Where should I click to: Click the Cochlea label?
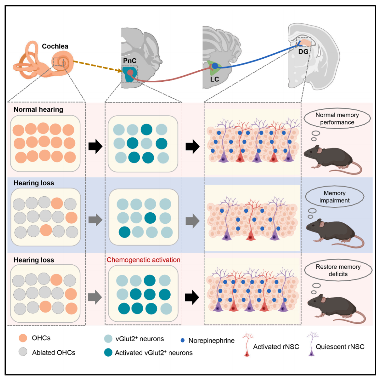[x=55, y=46]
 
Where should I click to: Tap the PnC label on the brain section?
[x=130, y=61]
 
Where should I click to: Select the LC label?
[x=215, y=79]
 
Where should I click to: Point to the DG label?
[x=303, y=51]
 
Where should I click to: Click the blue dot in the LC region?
[x=215, y=66]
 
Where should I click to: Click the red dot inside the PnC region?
[x=130, y=72]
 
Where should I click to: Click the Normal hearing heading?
[x=38, y=110]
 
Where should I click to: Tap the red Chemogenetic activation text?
[x=143, y=260]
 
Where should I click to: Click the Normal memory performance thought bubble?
[x=337, y=119]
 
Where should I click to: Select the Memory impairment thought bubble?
[x=334, y=197]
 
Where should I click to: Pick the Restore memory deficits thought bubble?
[x=338, y=271]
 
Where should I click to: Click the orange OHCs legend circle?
[x=23, y=338]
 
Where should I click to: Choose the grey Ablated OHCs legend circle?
[x=23, y=352]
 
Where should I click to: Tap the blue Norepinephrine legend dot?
[x=183, y=340]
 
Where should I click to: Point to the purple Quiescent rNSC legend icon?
[x=312, y=344]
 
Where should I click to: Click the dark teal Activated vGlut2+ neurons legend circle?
[x=108, y=352]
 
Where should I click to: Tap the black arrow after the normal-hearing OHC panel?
[x=95, y=147]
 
